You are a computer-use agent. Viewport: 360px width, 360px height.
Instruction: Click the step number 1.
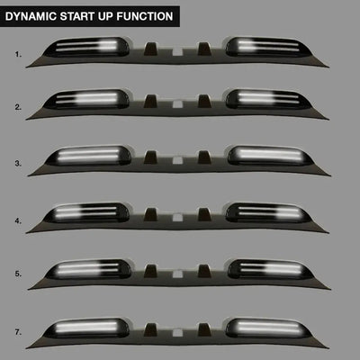click(x=17, y=54)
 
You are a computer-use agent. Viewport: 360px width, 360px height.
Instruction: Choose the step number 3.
click(x=17, y=163)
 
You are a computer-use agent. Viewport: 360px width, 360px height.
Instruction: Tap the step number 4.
click(x=17, y=220)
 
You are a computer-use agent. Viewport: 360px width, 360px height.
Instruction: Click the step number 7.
click(x=17, y=331)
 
